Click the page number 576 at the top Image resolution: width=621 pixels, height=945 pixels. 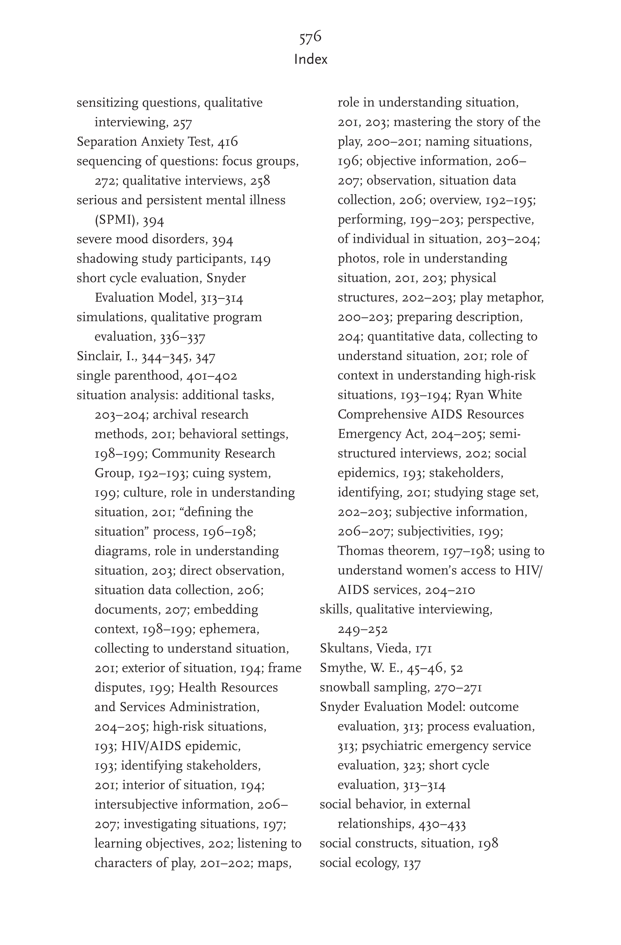click(310, 37)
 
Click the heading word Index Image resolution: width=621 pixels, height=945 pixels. click(311, 59)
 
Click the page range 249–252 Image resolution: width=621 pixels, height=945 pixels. click(363, 629)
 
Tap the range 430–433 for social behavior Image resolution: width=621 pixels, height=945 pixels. click(442, 824)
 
